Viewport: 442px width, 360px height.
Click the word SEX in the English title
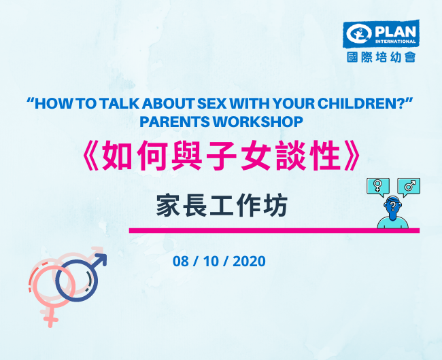(x=211, y=103)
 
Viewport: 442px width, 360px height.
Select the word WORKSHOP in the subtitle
(x=258, y=122)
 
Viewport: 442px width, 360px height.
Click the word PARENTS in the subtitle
(x=175, y=122)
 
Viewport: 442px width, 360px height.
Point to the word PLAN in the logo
(x=395, y=32)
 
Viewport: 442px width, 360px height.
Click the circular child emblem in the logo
(x=358, y=34)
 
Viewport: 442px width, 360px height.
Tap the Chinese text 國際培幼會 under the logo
(x=381, y=57)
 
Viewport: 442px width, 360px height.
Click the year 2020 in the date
(x=249, y=262)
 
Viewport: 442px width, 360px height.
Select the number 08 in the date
(x=181, y=262)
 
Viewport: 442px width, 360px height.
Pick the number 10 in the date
(x=211, y=262)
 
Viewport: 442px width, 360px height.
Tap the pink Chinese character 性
(x=324, y=156)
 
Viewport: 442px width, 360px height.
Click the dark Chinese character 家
(x=168, y=206)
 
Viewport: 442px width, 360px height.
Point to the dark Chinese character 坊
(x=275, y=206)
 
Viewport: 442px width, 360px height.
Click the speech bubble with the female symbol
(x=378, y=187)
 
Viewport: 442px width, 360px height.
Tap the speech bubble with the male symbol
(x=409, y=187)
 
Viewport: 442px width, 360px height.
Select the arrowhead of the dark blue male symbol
(x=101, y=259)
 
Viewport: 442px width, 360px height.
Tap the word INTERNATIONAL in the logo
(x=395, y=41)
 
